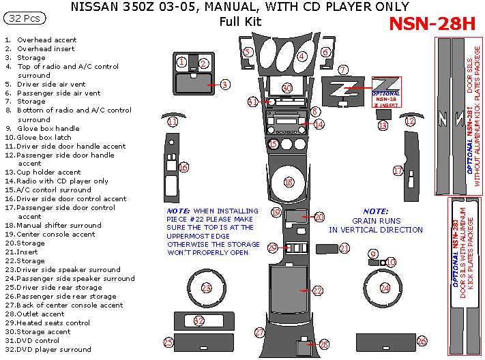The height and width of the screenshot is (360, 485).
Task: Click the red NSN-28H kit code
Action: coord(431,24)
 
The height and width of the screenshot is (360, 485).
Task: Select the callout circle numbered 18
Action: coord(289,182)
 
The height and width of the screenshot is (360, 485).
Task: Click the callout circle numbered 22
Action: coord(317,291)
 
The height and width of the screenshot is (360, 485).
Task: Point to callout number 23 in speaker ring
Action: coord(207,288)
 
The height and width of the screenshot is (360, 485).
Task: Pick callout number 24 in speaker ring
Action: coord(385,288)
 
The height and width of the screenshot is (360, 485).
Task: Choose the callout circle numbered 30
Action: coord(287,88)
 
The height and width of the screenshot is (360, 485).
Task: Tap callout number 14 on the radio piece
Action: coord(319,124)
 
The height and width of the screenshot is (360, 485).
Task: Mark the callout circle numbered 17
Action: coord(398,171)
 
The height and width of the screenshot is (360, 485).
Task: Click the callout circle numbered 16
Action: coord(183,167)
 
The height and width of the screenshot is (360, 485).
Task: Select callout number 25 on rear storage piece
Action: coord(168,342)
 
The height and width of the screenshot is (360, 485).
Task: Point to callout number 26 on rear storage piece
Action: coord(422,340)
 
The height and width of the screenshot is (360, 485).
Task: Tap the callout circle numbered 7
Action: coord(343,70)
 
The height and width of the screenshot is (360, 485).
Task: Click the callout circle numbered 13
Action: coord(383,125)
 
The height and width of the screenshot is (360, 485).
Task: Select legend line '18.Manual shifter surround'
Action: coord(55,225)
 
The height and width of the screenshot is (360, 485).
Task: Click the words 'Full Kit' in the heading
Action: coord(240,21)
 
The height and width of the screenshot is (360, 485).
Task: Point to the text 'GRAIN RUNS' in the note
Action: coord(375,221)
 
